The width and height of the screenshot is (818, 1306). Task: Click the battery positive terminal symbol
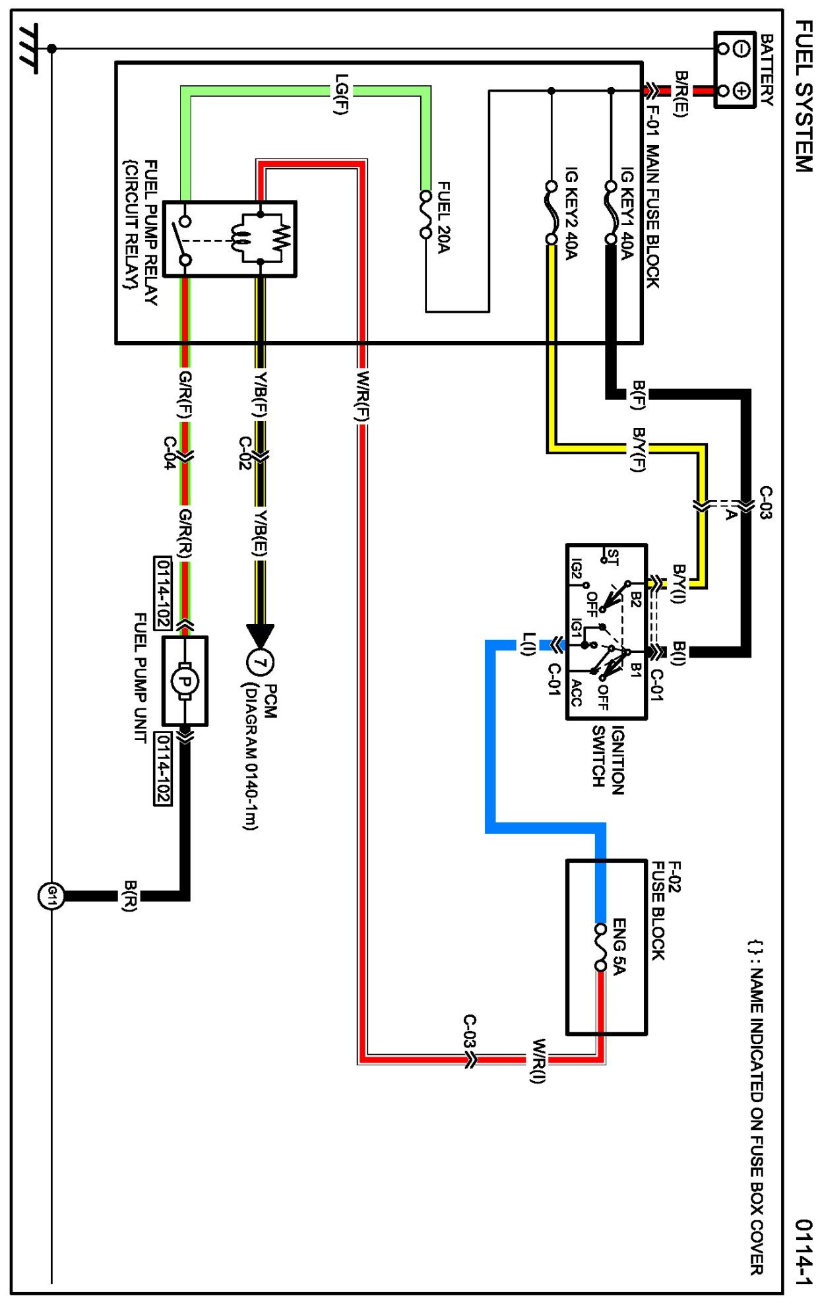click(741, 90)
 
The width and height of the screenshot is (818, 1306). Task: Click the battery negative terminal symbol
click(741, 48)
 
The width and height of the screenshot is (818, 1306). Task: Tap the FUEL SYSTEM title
click(802, 96)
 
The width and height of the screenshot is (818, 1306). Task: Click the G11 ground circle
click(51, 896)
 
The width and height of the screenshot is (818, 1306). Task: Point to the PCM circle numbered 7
click(260, 662)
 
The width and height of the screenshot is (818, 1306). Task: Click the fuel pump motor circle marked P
click(185, 681)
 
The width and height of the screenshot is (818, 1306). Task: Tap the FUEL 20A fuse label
click(443, 217)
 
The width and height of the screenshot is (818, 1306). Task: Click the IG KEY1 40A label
click(627, 212)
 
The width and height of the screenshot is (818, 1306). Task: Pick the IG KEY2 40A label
click(571, 212)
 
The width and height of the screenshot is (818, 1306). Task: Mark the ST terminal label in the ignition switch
click(613, 558)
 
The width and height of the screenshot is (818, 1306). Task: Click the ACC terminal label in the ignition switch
click(576, 693)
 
